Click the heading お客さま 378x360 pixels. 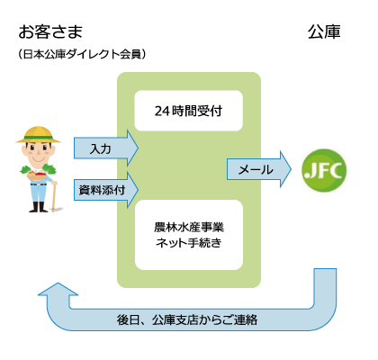(50, 32)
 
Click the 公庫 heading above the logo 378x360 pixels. (324, 32)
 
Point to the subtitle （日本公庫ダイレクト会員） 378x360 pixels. (82, 54)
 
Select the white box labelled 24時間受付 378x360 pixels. (188, 111)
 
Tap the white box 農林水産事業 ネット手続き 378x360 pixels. (189, 235)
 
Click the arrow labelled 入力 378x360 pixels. (106, 148)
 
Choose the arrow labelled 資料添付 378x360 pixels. (106, 190)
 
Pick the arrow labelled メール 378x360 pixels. (259, 169)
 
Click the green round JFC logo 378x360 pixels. (324, 170)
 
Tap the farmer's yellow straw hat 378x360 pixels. (39, 135)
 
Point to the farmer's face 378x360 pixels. (38, 151)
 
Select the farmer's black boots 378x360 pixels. (38, 207)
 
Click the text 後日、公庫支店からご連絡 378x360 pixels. (187, 319)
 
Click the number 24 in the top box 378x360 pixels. (162, 112)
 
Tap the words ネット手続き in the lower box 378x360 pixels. (188, 243)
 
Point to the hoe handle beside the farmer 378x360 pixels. (54, 196)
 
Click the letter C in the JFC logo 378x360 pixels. (337, 171)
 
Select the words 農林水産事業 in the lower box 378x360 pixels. (189, 227)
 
